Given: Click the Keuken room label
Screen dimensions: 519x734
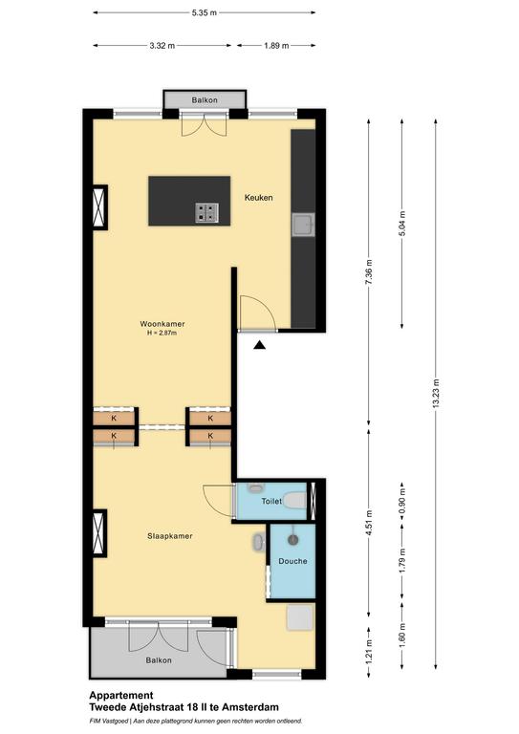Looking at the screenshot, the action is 258,198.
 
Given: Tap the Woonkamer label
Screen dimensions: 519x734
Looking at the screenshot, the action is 162,323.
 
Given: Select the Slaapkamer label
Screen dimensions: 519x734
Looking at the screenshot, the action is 170,536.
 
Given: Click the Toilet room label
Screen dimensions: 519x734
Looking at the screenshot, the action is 271,502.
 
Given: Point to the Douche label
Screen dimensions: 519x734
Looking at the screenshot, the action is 293,561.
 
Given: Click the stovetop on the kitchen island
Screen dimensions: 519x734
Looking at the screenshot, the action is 206,212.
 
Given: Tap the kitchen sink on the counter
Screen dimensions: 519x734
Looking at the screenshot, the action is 303,225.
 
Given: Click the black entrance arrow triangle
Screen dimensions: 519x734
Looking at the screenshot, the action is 260,345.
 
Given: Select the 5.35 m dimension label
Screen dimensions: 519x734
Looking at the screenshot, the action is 204,12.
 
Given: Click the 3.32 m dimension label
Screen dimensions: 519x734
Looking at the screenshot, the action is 162,46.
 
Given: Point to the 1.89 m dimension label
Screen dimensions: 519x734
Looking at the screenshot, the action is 276,46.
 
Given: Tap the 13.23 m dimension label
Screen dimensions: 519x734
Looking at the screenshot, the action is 436,393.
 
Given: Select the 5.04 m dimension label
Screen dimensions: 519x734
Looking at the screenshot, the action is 402,224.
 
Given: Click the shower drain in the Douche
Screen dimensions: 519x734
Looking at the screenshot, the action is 293,540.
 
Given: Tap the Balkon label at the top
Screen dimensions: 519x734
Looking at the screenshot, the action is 205,100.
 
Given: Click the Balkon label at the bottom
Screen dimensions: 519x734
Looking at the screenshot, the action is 159,660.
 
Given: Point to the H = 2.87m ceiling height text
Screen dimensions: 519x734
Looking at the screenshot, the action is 162,334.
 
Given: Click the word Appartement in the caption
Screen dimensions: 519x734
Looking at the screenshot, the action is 121,696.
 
